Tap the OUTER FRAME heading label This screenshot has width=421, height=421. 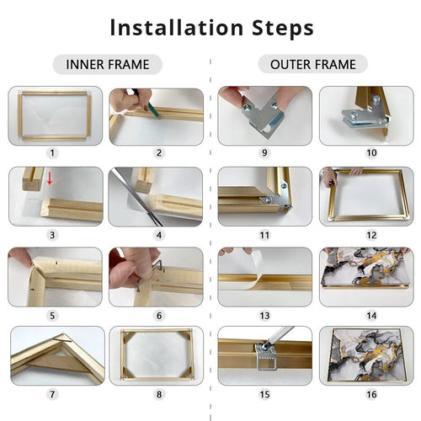(x=312, y=65)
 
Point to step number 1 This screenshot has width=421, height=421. (x=52, y=153)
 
